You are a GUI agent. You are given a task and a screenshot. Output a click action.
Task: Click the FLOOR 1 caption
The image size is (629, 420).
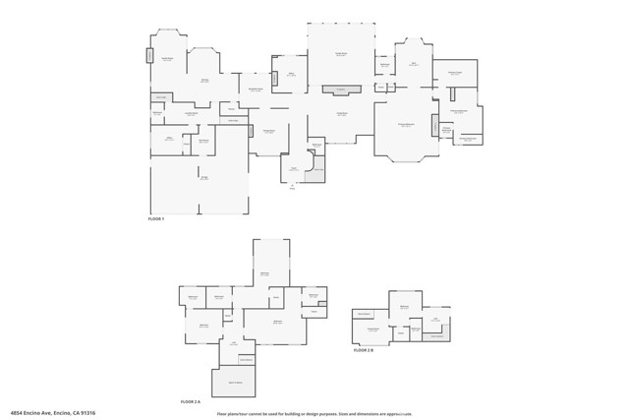[x=156, y=218]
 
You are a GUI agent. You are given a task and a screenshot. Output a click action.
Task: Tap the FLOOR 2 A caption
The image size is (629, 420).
[x=191, y=401]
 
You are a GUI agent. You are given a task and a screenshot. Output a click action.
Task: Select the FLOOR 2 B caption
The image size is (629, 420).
[x=364, y=349]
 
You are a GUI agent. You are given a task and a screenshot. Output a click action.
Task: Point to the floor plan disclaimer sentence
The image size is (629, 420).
[x=314, y=414]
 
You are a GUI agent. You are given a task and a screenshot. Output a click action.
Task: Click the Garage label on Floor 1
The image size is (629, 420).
[x=204, y=178]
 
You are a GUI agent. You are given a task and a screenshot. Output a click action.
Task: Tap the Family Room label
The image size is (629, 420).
[x=341, y=114]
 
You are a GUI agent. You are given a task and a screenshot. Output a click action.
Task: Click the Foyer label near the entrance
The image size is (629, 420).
[x=293, y=168]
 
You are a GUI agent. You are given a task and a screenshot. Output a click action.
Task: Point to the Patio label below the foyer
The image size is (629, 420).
[x=292, y=187]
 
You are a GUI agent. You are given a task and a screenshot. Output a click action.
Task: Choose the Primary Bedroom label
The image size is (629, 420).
[x=405, y=125]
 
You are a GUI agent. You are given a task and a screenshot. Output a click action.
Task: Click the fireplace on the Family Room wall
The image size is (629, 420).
[x=341, y=90]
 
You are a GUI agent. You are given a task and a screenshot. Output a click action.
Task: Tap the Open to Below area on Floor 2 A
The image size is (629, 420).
[x=235, y=382]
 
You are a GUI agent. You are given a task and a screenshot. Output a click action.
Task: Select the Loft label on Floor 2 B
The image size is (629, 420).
[x=434, y=319]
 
